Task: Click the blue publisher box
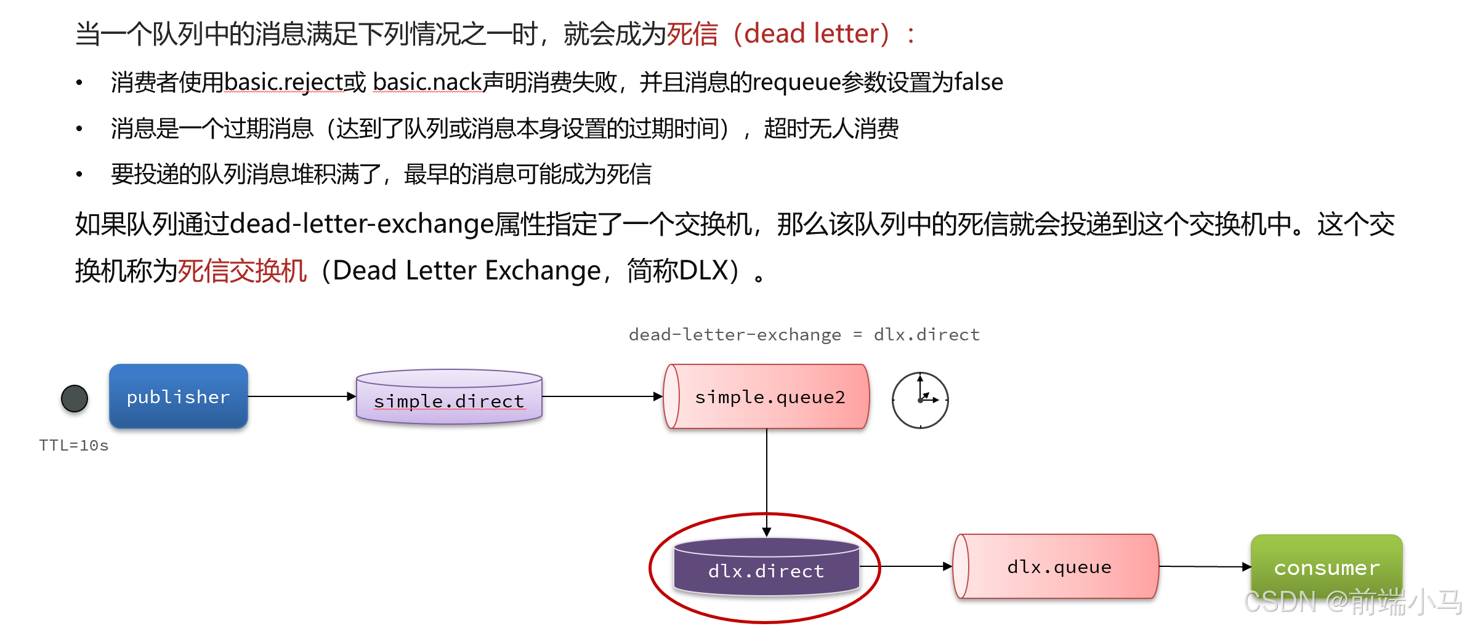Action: coord(178,396)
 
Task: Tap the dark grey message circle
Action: coord(75,398)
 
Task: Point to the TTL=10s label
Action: coord(73,446)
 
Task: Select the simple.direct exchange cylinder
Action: coord(449,398)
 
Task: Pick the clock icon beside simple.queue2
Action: coord(920,400)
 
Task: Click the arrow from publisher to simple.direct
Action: coord(302,396)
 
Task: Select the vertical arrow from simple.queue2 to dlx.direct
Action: coord(767,480)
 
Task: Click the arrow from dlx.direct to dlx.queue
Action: coord(905,566)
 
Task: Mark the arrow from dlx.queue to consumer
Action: coord(1204,566)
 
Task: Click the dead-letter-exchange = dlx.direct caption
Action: coord(804,335)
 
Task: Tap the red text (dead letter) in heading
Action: coord(817,34)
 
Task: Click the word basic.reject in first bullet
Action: coord(283,82)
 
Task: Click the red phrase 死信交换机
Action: coord(242,271)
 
